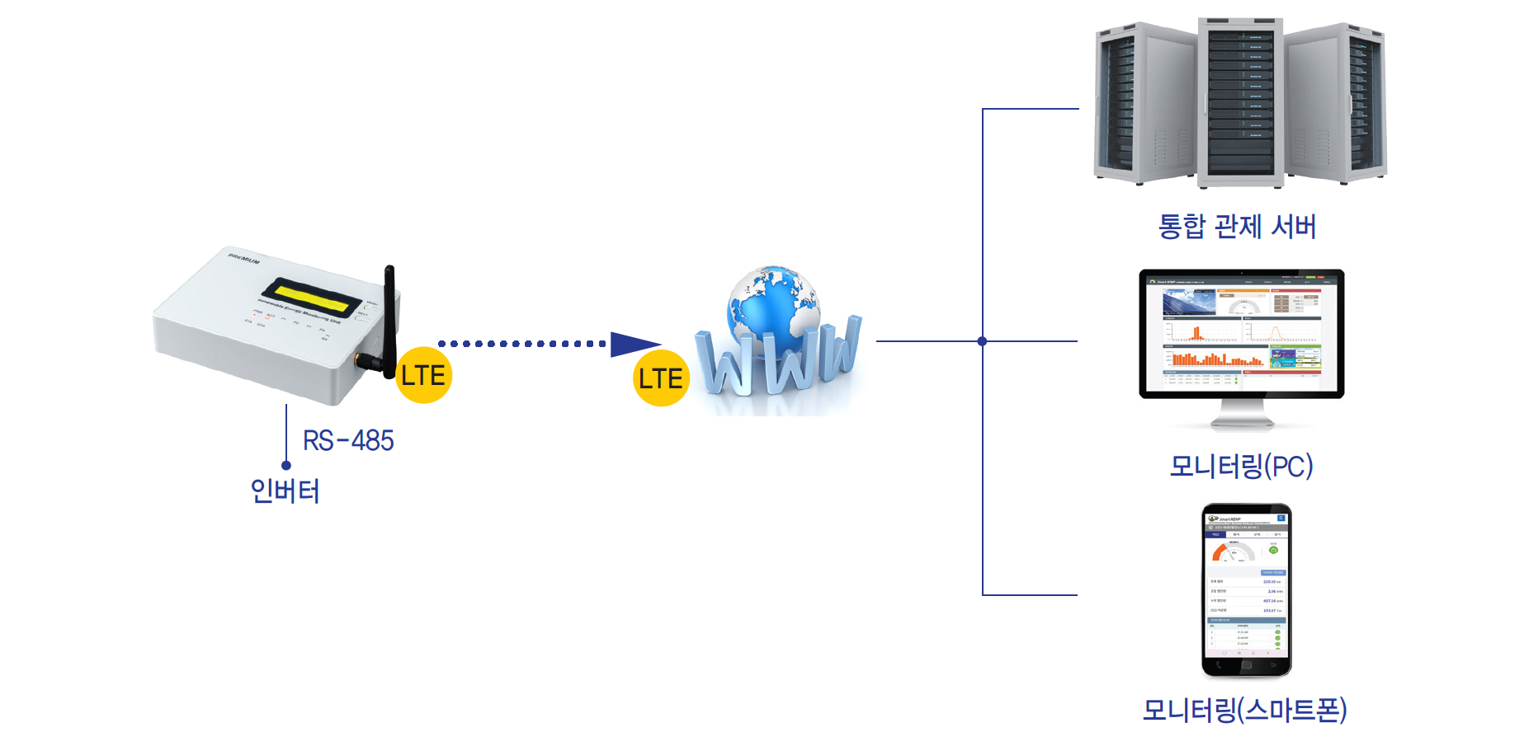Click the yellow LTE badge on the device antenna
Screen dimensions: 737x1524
(x=423, y=375)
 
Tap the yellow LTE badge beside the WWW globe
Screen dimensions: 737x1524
(x=661, y=378)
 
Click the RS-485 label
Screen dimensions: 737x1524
(x=348, y=440)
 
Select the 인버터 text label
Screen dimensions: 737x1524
(x=285, y=491)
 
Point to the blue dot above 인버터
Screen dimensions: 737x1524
(x=286, y=465)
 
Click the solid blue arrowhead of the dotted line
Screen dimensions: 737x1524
(x=634, y=345)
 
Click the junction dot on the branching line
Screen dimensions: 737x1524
(x=982, y=341)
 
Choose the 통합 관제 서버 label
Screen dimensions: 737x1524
(x=1237, y=226)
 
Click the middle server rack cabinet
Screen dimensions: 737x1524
(x=1240, y=101)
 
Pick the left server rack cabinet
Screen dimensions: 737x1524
(x=1143, y=103)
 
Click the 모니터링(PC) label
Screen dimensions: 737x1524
(x=1241, y=466)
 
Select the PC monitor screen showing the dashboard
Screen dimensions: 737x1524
(x=1242, y=331)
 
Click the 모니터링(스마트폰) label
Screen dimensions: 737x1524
(x=1244, y=710)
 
